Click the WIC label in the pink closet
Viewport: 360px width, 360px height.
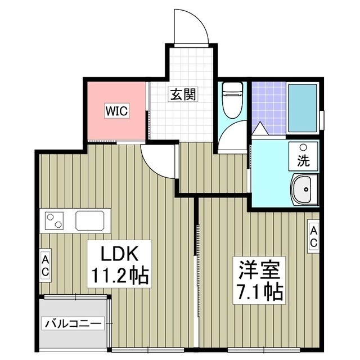coord(116,111)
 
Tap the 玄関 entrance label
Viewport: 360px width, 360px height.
coord(182,95)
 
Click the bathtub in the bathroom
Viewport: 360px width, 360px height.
coord(303,108)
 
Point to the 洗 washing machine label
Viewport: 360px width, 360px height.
coord(303,161)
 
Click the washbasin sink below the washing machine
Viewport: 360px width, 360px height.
coord(304,190)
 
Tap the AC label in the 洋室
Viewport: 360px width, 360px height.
coord(313,237)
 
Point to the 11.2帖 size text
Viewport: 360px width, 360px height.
coord(119,275)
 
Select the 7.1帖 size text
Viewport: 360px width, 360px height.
coord(259,292)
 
